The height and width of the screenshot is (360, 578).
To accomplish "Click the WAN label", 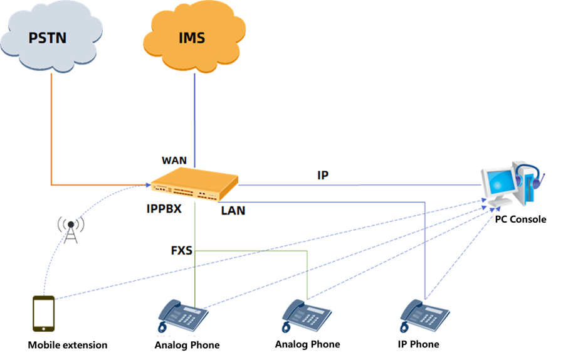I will pyautogui.click(x=174, y=161).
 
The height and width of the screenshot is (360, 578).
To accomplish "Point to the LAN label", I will pyautogui.click(x=233, y=211).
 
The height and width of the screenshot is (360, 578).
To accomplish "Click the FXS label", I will pyautogui.click(x=182, y=251).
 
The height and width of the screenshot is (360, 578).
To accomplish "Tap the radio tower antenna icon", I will pyautogui.click(x=71, y=230).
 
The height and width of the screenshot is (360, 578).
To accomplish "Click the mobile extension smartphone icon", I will pyautogui.click(x=43, y=313).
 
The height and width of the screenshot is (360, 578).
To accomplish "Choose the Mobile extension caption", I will pyautogui.click(x=68, y=345).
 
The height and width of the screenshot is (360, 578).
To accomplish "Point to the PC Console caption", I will pyautogui.click(x=520, y=220).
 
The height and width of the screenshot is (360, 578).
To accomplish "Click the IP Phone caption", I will pyautogui.click(x=418, y=344).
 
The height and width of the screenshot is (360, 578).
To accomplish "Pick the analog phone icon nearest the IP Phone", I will pyautogui.click(x=306, y=314).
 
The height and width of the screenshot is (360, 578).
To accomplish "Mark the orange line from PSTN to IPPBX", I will pyautogui.click(x=51, y=144).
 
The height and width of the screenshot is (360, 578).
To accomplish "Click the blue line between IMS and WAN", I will pyautogui.click(x=194, y=113).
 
